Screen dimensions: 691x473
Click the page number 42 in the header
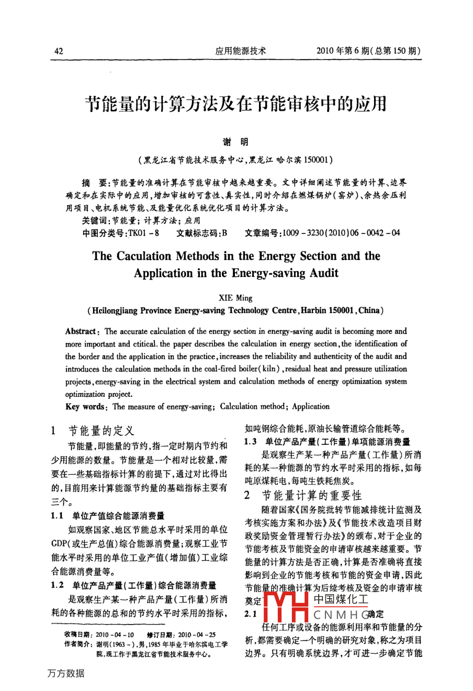click(x=59, y=51)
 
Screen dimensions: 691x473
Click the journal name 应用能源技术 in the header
click(x=241, y=51)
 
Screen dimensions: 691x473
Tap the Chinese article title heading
click(x=236, y=104)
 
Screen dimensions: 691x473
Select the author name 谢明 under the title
click(x=236, y=142)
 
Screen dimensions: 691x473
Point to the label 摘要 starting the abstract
click(x=94, y=183)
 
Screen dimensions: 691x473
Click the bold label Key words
click(x=86, y=407)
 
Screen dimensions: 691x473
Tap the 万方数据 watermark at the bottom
click(x=65, y=673)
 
